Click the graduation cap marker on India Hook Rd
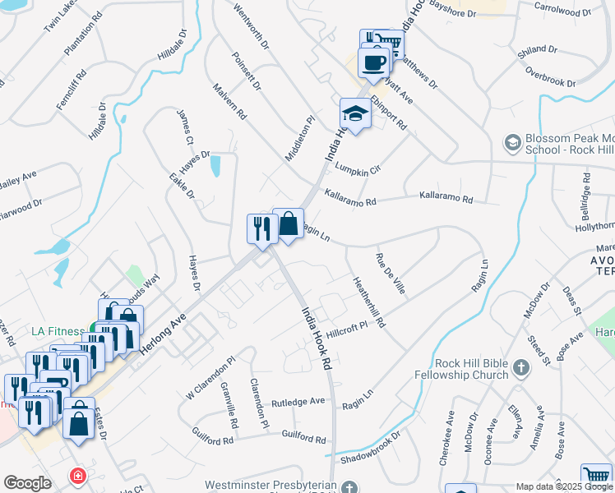(355, 113)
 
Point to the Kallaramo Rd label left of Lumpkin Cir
(349, 196)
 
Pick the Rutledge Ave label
(298, 402)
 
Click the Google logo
(27, 482)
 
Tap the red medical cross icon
(77, 476)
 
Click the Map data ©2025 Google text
(565, 486)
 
